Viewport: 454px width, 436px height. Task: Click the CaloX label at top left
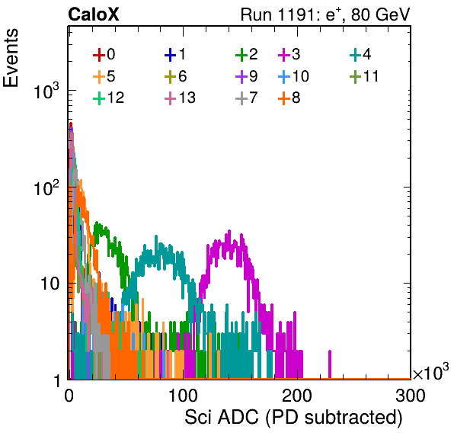(x=94, y=14)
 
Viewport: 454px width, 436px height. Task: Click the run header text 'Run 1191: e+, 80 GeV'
(x=325, y=14)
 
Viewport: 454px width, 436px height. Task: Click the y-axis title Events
(x=11, y=58)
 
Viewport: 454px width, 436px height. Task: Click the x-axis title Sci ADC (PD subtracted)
(x=293, y=418)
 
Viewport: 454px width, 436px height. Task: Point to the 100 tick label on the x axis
(x=183, y=396)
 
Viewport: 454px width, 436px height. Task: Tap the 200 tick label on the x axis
(x=297, y=396)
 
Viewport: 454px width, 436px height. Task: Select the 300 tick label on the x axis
(x=411, y=396)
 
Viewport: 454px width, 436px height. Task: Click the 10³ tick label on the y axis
(x=46, y=91)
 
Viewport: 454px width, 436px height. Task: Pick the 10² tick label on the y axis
(x=46, y=188)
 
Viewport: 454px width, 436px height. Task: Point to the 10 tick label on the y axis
(x=50, y=284)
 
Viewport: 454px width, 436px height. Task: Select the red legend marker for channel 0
(x=99, y=55)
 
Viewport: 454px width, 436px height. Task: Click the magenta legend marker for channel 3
(x=284, y=55)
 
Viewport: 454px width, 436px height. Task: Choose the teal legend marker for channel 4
(x=355, y=55)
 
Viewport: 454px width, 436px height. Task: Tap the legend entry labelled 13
(x=180, y=98)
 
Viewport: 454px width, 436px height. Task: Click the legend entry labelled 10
(x=293, y=77)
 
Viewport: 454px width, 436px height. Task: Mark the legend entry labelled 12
(x=109, y=98)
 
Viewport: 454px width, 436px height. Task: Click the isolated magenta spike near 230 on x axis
(x=330, y=364)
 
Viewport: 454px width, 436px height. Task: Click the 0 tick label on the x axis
(x=69, y=396)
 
